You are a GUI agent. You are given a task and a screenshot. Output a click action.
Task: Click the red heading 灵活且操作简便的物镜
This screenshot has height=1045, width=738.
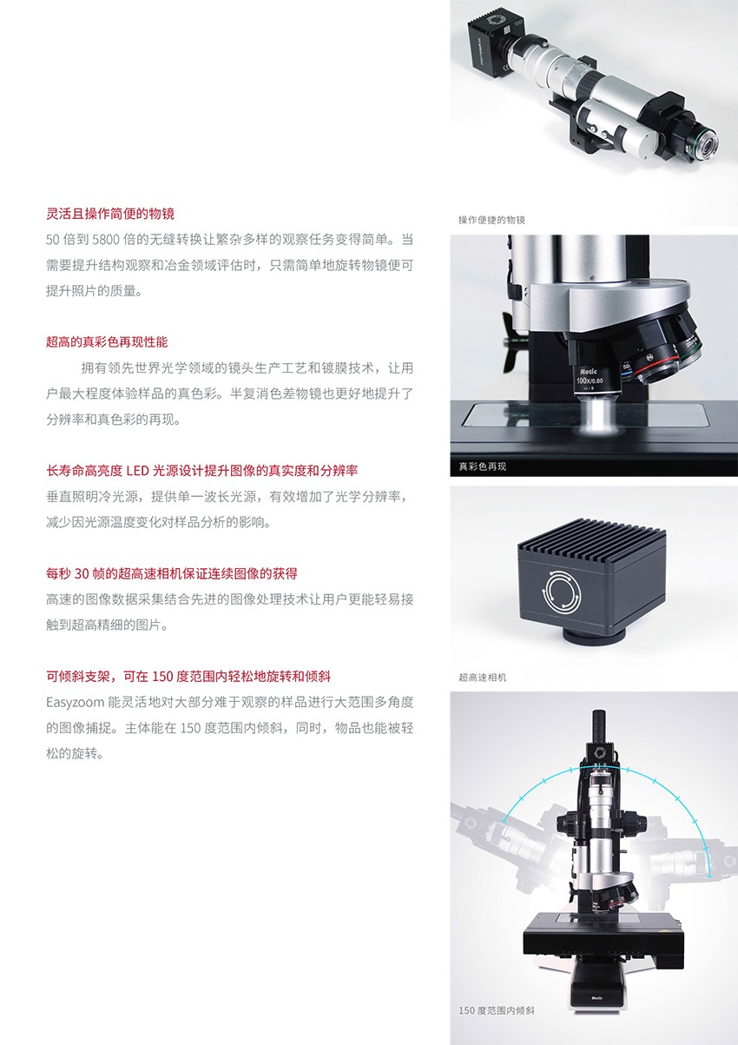(110, 214)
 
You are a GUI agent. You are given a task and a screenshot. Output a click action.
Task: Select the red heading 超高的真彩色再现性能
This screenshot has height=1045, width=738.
(107, 342)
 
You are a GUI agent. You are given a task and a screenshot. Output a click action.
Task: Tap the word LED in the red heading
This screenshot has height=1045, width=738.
(137, 470)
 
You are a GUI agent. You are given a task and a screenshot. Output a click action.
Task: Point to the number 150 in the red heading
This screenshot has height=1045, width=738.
(162, 676)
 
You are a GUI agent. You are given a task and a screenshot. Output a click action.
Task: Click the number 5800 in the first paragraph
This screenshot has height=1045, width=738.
(105, 240)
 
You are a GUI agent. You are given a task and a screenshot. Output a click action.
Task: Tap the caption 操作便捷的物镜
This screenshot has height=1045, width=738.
(491, 220)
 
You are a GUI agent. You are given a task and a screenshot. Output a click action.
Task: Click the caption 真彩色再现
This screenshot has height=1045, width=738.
(483, 466)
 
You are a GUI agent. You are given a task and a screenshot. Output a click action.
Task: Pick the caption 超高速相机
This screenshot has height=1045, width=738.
(483, 677)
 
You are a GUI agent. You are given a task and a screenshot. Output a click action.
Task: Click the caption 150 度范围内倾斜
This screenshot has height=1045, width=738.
(497, 1010)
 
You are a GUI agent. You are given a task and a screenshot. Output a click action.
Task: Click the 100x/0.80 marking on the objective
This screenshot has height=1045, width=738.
(590, 380)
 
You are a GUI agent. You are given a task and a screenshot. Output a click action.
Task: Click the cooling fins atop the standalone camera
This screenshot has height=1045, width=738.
(592, 538)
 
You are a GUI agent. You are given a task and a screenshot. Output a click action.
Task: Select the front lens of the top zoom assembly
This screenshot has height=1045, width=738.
(706, 146)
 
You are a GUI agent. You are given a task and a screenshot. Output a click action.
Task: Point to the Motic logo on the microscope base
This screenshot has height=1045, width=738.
(597, 998)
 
